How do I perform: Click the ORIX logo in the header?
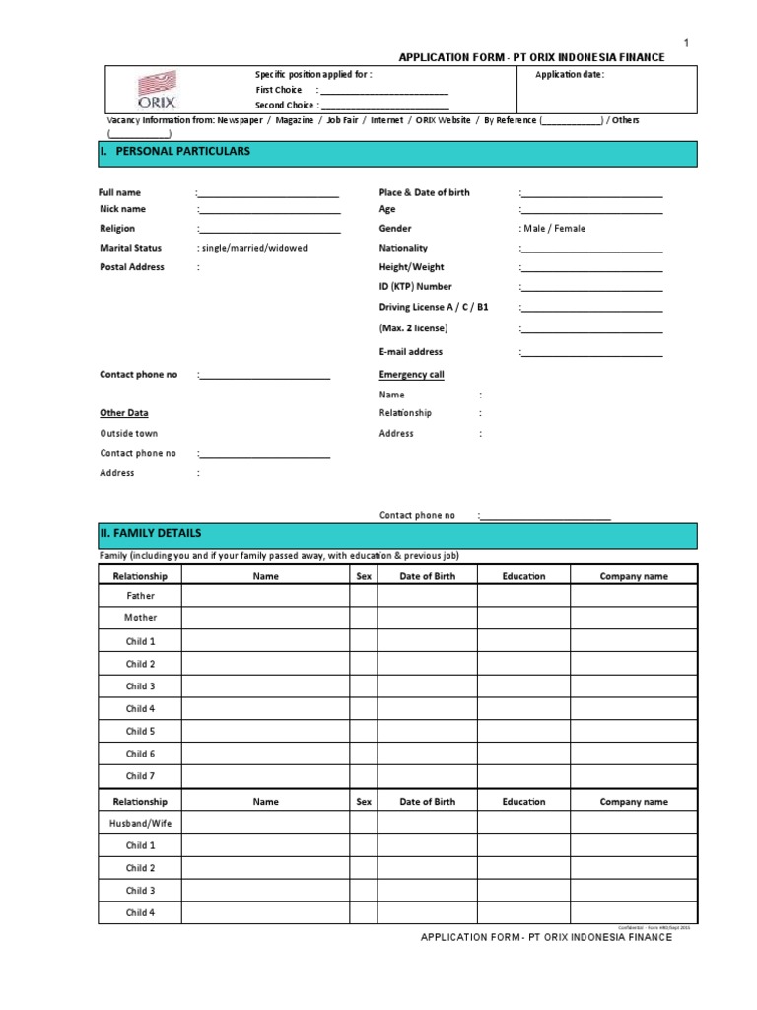[155, 90]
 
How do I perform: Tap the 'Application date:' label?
[570, 75]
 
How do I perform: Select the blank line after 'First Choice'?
[385, 91]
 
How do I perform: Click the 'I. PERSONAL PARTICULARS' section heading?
[181, 152]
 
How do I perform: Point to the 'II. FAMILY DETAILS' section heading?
[151, 533]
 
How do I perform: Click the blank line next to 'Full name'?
[269, 193]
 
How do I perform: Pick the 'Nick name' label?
[123, 209]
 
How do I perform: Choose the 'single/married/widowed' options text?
[253, 248]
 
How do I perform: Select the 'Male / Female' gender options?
[553, 228]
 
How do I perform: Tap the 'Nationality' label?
[404, 248]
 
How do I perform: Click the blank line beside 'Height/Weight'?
[591, 268]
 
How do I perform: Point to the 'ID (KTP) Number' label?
[416, 287]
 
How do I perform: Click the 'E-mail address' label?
[411, 351]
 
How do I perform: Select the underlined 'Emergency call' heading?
[412, 375]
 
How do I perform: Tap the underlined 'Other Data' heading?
[124, 413]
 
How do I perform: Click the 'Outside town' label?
[129, 433]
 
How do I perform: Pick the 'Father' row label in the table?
[140, 596]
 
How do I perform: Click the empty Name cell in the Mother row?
[265, 618]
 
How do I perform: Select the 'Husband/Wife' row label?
[140, 823]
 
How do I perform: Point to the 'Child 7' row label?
[140, 776]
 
